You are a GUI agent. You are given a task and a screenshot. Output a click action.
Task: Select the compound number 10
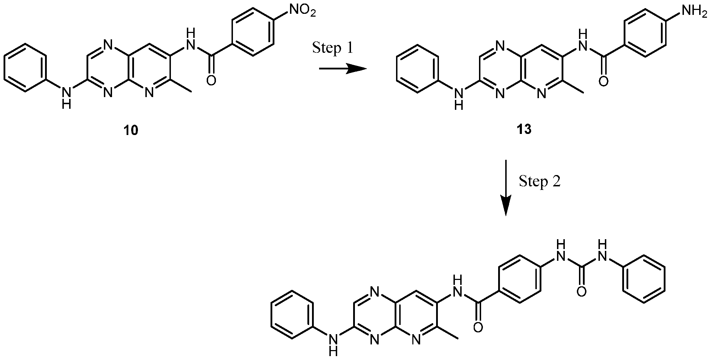[x=131, y=130]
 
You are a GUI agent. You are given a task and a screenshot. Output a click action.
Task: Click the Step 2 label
[x=540, y=181]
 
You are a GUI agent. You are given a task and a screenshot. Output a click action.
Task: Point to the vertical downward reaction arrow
[x=505, y=187]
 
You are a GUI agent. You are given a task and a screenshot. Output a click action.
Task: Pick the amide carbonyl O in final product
[x=478, y=327]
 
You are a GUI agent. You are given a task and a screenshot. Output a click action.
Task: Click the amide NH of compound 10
[x=190, y=40]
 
